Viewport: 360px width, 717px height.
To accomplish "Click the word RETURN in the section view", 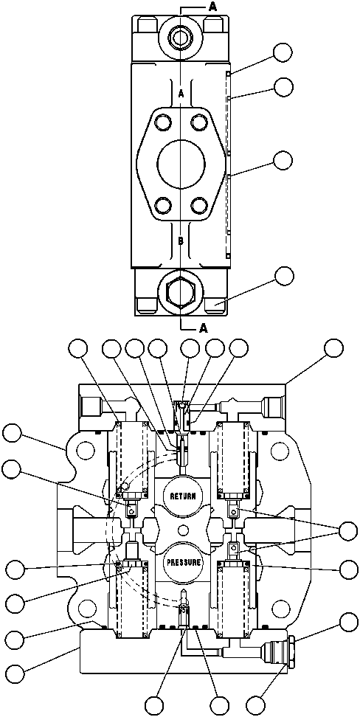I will (x=181, y=496).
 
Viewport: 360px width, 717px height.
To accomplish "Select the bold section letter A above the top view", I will (x=192, y=7).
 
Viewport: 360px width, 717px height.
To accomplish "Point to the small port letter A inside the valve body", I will (x=181, y=93).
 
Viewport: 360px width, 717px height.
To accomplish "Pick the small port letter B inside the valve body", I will (x=181, y=239).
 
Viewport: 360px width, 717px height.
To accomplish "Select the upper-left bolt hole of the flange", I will (x=162, y=121).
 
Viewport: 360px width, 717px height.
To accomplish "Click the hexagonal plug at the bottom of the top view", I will (x=180, y=292).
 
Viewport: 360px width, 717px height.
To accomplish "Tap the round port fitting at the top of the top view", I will (x=180, y=35).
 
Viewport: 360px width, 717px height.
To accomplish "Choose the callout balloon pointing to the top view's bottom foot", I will (x=283, y=276).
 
